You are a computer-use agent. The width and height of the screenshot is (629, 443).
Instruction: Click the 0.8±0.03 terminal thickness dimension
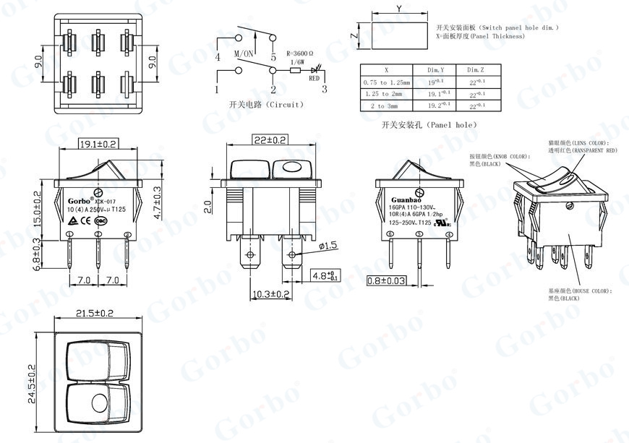(x=395, y=280)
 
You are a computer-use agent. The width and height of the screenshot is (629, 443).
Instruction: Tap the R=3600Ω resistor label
(x=301, y=53)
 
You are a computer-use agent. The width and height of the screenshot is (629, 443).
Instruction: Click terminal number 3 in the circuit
(x=324, y=90)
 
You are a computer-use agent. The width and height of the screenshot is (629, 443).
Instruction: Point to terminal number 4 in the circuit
(x=217, y=57)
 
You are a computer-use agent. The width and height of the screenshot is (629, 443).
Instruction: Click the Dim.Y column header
(x=435, y=70)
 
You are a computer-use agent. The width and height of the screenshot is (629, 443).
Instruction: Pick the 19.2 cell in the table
(x=435, y=105)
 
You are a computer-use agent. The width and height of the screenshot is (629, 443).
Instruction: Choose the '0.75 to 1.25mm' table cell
(x=386, y=82)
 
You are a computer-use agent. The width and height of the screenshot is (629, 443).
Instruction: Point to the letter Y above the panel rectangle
(x=398, y=9)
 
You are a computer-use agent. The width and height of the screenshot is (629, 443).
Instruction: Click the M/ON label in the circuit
(x=243, y=54)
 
